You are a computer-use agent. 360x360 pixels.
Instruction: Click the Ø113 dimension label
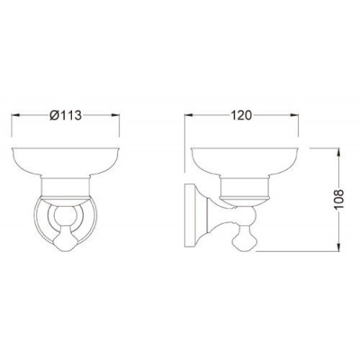pos(66,115)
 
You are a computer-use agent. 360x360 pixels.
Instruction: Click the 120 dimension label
pos(242,115)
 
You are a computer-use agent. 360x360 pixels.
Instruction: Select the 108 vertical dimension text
pos(339,199)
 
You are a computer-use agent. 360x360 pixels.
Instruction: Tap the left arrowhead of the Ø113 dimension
pos(16,115)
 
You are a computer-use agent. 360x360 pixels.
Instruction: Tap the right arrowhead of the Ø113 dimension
pos(115,115)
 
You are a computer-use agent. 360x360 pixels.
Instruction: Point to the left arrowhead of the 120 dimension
pos(189,115)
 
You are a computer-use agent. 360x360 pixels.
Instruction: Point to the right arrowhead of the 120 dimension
pos(294,115)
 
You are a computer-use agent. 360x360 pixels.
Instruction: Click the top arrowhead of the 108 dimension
pos(339,153)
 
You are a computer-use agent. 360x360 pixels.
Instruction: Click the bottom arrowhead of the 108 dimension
pos(339,247)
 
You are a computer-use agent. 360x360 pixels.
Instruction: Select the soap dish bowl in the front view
pos(66,162)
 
